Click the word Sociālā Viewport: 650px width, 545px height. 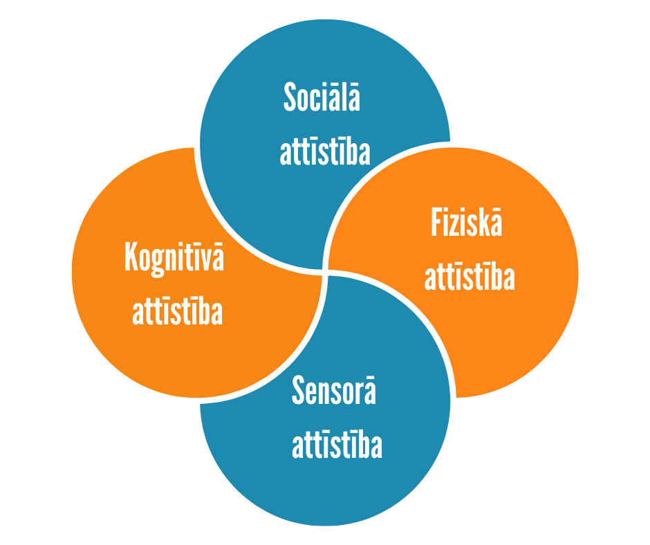322,98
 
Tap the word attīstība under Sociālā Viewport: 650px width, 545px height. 324,151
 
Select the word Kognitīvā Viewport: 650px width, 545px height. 174,257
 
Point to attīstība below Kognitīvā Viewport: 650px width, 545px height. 178,311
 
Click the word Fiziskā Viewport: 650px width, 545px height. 466,223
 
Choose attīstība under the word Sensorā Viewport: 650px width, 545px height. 337,445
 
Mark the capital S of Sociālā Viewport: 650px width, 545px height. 290,98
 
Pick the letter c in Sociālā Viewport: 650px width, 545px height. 319,100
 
